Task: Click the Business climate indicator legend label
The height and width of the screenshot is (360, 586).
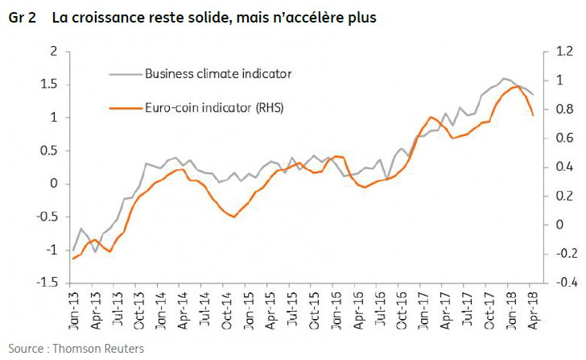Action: coord(218,73)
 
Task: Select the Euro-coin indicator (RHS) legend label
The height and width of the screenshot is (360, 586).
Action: coord(214,108)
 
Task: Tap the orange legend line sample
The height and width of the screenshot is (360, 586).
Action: coord(126,109)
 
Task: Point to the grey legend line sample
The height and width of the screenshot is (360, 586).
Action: coord(126,74)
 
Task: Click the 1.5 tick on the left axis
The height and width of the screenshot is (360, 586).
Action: coord(48,84)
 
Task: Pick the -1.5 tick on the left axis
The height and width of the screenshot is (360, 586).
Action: coord(47,283)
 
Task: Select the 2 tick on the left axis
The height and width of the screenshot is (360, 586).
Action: coord(54,52)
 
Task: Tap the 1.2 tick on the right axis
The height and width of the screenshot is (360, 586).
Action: coord(564,52)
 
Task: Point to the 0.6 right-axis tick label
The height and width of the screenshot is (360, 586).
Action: coord(564,138)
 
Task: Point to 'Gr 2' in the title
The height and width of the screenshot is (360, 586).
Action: coord(22,18)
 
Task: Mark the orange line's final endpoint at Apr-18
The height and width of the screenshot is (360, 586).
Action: coord(533,115)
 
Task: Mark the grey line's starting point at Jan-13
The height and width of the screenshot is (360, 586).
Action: coord(73,250)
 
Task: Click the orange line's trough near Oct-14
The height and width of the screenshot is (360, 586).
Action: coord(234,217)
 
